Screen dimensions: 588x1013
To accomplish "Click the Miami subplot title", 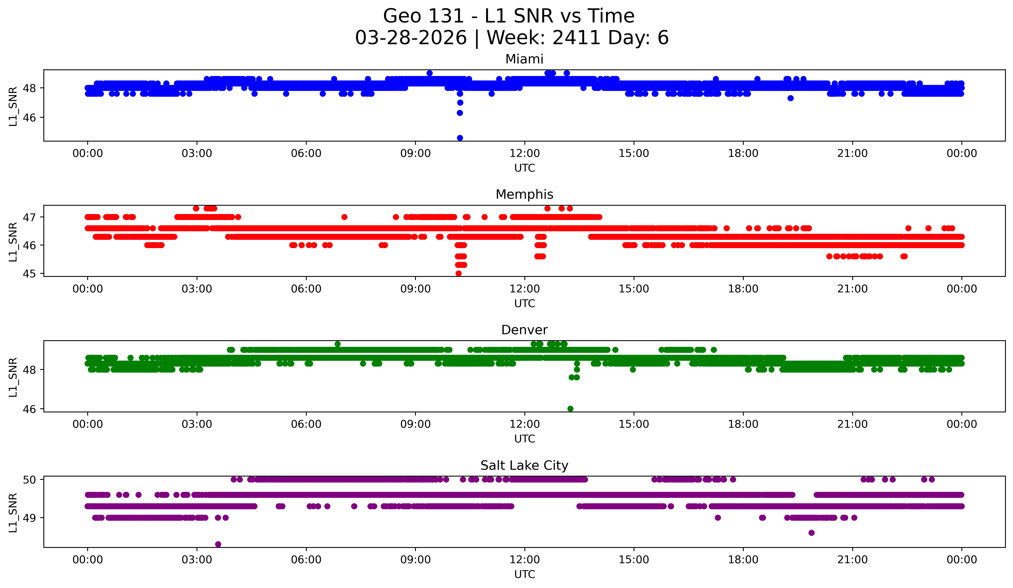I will pos(524,59).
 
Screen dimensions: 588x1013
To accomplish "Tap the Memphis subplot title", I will pos(524,194).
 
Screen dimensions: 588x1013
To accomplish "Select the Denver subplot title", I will pos(524,330).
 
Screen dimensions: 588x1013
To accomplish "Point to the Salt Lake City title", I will pos(524,465).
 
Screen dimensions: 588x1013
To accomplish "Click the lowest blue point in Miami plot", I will pos(460,138).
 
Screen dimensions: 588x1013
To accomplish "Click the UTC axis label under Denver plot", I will pos(525,439).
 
